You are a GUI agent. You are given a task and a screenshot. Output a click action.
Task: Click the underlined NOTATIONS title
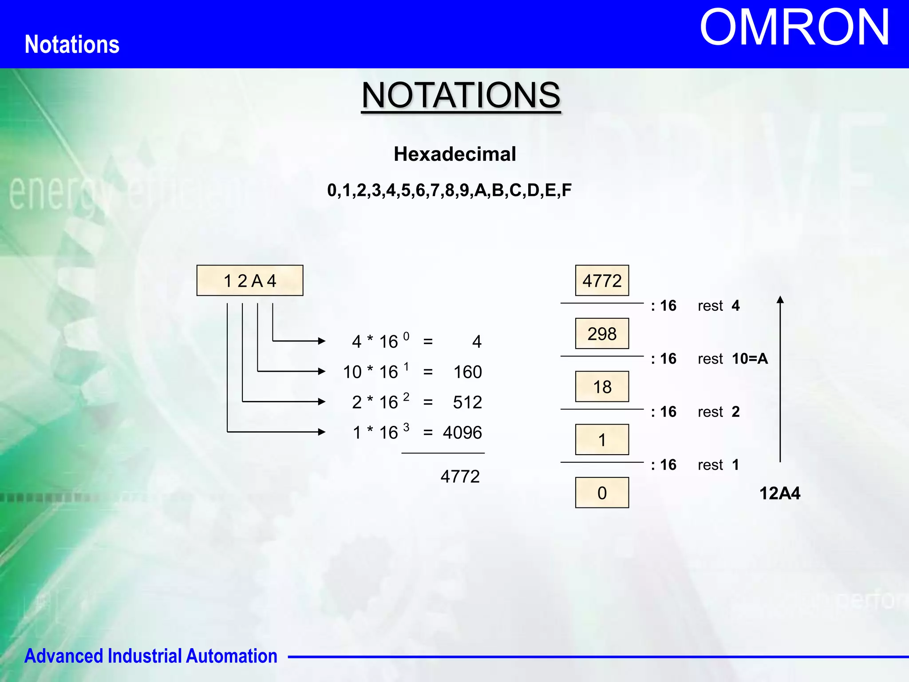(x=461, y=95)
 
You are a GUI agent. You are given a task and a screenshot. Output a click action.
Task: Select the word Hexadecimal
(x=454, y=154)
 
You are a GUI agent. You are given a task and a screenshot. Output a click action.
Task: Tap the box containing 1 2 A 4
(x=250, y=281)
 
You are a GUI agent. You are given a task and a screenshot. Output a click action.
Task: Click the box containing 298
(x=602, y=333)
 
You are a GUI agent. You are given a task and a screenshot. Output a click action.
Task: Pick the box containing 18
(x=602, y=387)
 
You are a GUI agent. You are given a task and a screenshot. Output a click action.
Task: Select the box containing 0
(x=602, y=493)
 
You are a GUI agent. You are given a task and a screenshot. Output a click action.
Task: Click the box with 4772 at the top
(x=602, y=281)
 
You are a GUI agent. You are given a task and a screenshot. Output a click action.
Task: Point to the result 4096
(x=462, y=432)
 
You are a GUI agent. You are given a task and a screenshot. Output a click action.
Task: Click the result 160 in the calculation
(x=467, y=372)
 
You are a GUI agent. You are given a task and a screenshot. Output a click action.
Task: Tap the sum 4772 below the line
(x=460, y=476)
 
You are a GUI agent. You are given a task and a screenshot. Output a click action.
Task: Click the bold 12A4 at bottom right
(x=779, y=493)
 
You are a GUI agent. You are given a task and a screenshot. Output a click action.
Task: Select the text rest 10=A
(x=732, y=359)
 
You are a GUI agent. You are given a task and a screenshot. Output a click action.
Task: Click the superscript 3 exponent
(x=406, y=427)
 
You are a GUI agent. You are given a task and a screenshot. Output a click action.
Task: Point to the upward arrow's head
(x=780, y=300)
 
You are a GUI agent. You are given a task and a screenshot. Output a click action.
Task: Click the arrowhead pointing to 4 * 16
(x=322, y=341)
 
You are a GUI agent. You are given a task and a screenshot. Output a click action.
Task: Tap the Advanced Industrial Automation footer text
(x=151, y=656)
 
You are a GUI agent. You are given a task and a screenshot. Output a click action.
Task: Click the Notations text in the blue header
(x=72, y=44)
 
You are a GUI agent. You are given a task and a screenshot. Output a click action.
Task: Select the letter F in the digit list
(x=566, y=190)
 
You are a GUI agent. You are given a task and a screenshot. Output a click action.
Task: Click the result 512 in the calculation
(x=467, y=402)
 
